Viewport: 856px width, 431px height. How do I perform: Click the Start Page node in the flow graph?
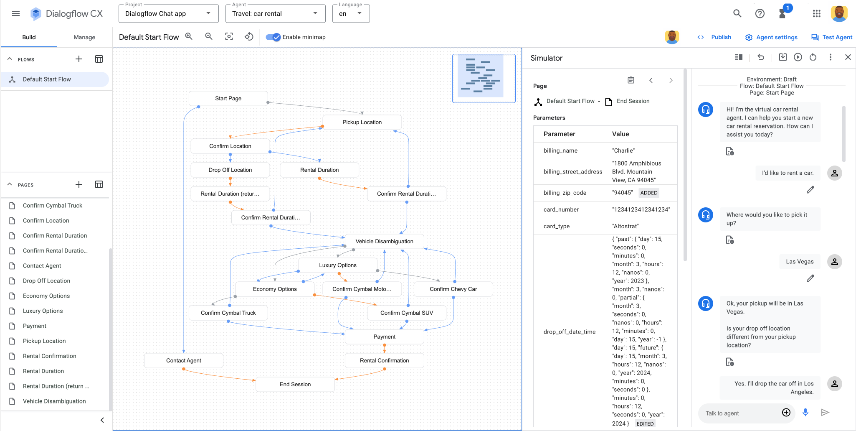coord(228,99)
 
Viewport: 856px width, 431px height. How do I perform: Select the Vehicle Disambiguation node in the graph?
coord(384,242)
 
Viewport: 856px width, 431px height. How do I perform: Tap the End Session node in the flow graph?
coord(295,385)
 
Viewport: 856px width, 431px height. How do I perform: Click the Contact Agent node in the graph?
coord(183,361)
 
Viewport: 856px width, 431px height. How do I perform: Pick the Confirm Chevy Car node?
coord(453,289)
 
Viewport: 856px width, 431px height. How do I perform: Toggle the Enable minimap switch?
coord(274,37)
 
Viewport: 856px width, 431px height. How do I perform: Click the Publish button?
coord(714,37)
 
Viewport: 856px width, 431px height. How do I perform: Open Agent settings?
coord(771,37)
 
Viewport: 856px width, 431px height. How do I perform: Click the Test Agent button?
coord(832,37)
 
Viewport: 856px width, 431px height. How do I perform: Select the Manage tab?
coord(84,37)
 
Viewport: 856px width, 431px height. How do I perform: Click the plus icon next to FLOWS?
coord(79,59)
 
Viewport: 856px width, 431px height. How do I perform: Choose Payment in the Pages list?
coord(35,326)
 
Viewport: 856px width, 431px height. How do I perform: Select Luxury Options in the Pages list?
coord(43,311)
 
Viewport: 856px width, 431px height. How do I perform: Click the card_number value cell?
coord(641,210)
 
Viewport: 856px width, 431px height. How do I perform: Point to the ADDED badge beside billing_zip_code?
coord(649,193)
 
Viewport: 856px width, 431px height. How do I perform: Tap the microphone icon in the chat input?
coord(805,413)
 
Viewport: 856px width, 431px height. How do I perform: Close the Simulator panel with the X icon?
coord(848,57)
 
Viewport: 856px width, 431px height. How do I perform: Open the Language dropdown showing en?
coord(351,14)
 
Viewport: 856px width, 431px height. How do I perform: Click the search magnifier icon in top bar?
coord(737,14)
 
